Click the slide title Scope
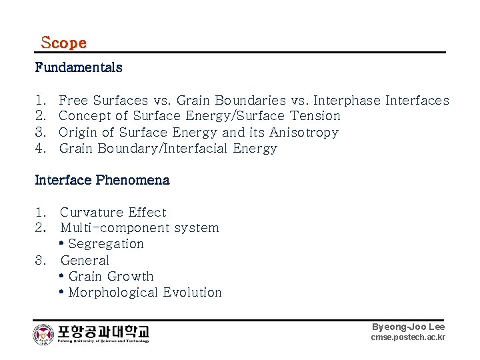click(x=63, y=43)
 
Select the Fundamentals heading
click(x=79, y=67)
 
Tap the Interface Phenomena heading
click(x=102, y=180)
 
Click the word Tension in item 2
click(x=315, y=116)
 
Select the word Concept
click(x=84, y=116)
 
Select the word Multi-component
click(x=115, y=228)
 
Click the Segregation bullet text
click(x=105, y=244)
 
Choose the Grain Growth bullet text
click(x=111, y=277)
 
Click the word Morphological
click(x=107, y=293)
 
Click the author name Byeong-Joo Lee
click(x=408, y=327)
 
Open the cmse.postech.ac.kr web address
click(x=407, y=338)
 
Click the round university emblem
click(x=43, y=334)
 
